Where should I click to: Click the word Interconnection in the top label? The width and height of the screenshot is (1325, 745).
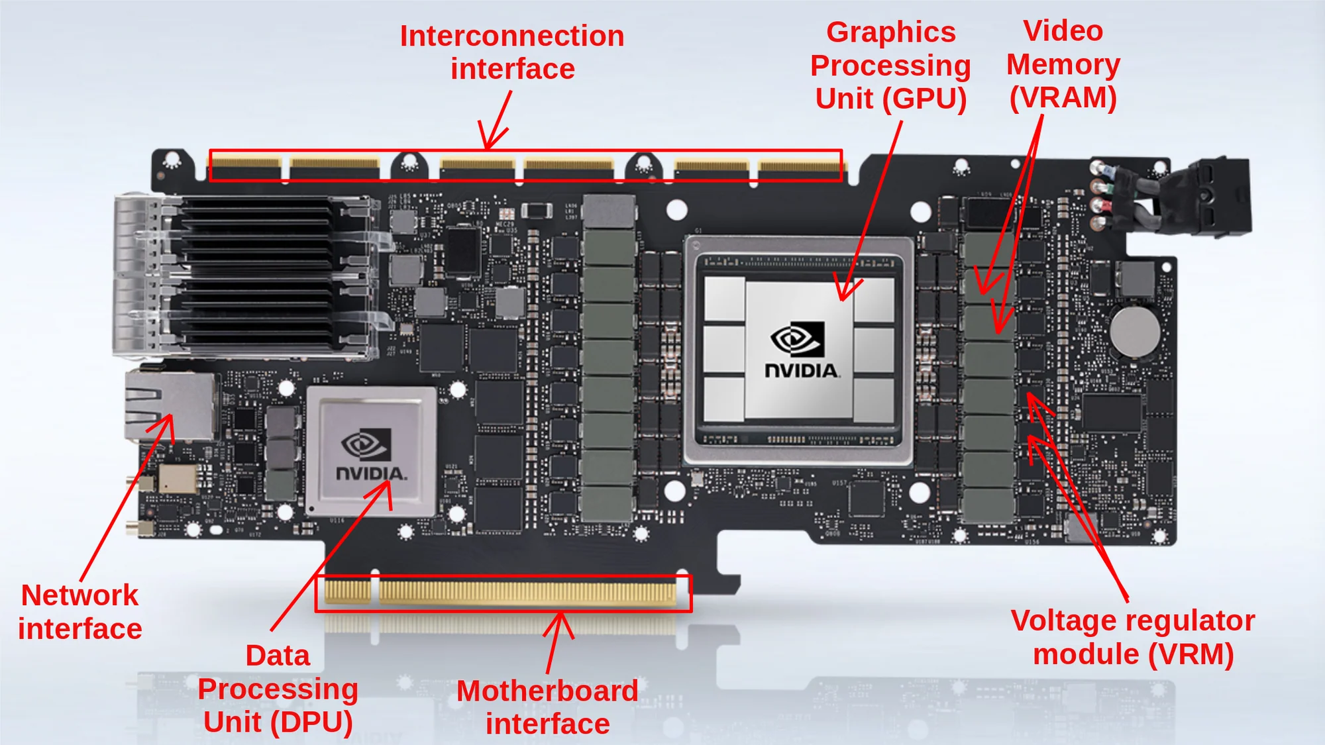[512, 36]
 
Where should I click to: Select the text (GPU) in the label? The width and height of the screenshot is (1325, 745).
[926, 99]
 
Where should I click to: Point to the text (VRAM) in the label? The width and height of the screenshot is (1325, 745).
[1063, 98]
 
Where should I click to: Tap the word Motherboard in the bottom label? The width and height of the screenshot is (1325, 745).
[547, 691]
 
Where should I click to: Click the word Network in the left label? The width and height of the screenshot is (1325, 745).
[79, 595]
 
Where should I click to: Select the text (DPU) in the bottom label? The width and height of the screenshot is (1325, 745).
[311, 722]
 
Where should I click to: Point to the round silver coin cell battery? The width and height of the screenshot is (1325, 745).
[1135, 330]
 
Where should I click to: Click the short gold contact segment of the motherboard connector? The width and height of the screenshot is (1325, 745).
[347, 591]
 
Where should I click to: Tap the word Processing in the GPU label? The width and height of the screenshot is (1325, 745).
[890, 66]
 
